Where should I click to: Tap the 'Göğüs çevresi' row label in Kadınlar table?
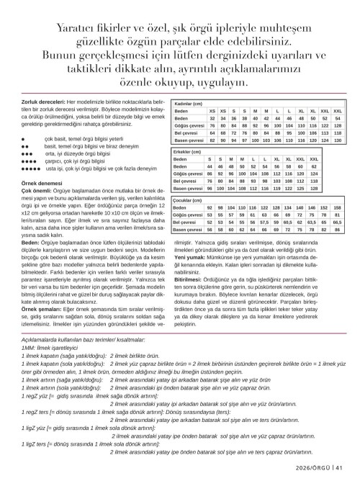coord(192,126)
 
